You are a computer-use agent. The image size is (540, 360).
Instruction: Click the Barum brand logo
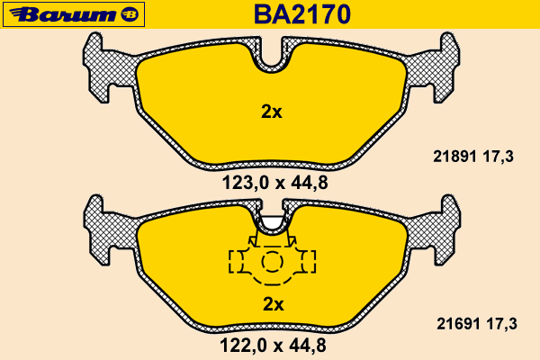pyautogui.click(x=74, y=14)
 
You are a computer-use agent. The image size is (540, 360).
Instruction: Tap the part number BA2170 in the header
pyautogui.click(x=302, y=14)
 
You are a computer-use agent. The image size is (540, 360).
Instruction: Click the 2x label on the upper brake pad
pyautogui.click(x=272, y=112)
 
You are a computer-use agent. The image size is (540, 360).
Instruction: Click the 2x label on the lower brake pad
pyautogui.click(x=274, y=304)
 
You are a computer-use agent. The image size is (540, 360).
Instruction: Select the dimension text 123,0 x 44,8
pyautogui.click(x=274, y=183)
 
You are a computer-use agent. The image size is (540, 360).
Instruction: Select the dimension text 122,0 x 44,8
pyautogui.click(x=273, y=346)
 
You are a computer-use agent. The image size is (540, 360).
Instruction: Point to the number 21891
pyautogui.click(x=454, y=157)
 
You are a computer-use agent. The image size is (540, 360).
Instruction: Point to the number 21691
pyautogui.click(x=458, y=324)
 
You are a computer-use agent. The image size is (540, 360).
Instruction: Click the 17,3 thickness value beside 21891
pyautogui.click(x=499, y=157)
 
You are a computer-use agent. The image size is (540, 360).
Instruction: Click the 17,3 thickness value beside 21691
pyautogui.click(x=502, y=324)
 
